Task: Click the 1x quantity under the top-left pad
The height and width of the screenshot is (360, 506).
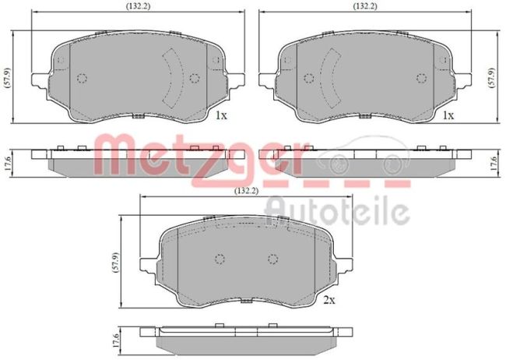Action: click(220, 115)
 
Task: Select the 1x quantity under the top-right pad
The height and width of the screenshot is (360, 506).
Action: click(448, 115)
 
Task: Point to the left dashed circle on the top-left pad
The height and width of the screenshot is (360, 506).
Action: click(83, 77)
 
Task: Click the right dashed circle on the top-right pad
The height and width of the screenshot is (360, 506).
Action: click(421, 77)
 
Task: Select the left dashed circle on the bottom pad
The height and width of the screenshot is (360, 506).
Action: click(220, 260)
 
